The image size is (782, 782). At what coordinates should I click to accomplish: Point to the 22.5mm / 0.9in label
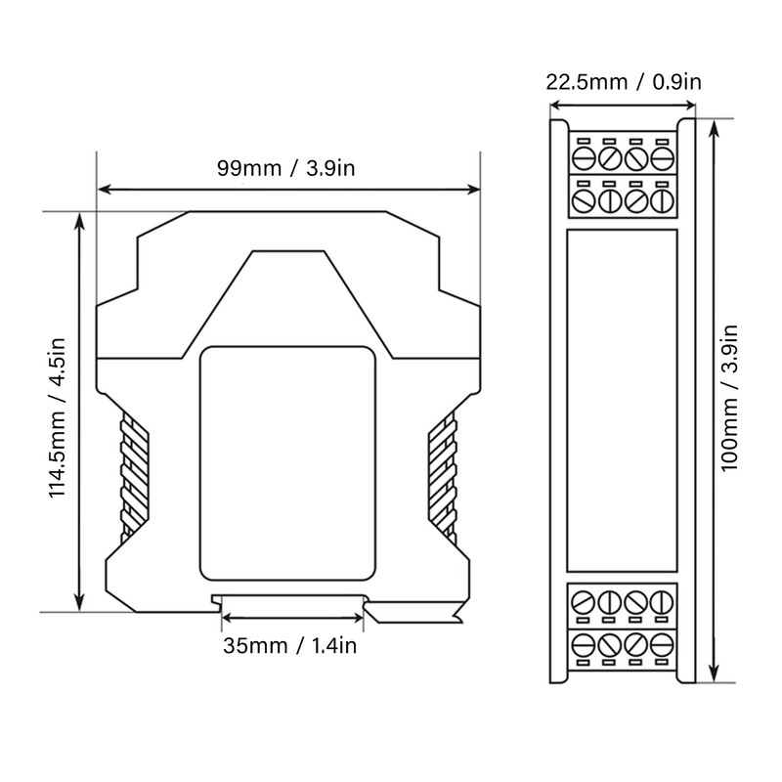coord(623,81)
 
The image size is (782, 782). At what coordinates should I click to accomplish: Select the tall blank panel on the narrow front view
coord(623,401)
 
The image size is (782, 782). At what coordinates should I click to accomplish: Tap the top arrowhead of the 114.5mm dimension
coord(80,218)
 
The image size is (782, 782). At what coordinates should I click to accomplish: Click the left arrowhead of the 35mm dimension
coord(227,620)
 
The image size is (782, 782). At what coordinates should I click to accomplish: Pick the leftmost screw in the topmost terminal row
coord(584,158)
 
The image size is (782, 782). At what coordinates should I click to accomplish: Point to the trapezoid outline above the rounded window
coord(287,293)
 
